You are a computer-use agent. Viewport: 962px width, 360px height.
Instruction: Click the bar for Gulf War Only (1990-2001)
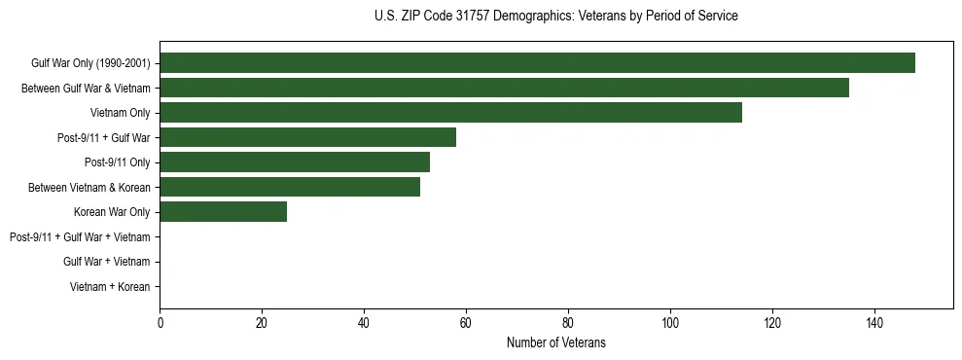[x=537, y=63]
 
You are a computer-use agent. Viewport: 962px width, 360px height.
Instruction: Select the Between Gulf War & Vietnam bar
[x=504, y=88]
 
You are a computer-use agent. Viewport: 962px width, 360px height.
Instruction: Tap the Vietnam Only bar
[x=450, y=113]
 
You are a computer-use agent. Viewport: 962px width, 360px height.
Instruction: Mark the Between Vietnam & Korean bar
[x=290, y=187]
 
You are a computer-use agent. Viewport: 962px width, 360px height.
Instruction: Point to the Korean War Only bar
[x=224, y=212]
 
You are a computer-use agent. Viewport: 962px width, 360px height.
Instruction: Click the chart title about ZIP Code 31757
[x=555, y=17]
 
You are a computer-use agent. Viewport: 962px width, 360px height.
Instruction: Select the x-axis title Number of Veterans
[x=555, y=342]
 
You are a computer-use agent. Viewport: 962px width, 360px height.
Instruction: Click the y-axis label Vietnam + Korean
[x=110, y=287]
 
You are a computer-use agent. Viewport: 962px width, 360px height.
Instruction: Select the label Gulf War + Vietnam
[x=106, y=262]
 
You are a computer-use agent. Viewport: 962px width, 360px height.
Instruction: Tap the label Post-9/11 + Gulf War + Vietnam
[x=80, y=237]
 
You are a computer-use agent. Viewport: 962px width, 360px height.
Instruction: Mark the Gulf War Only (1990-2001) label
[x=90, y=63]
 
